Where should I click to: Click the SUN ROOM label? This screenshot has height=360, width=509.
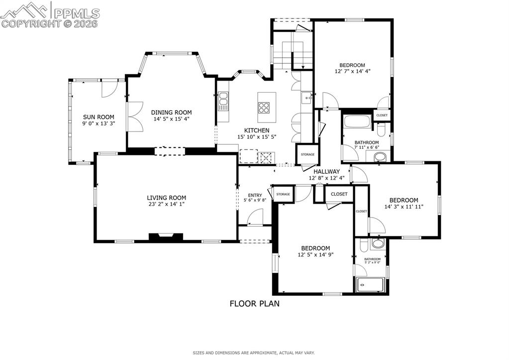pyautogui.click(x=99, y=117)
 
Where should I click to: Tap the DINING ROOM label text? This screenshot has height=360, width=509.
pyautogui.click(x=171, y=113)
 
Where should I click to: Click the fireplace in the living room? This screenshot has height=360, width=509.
pyautogui.click(x=166, y=237)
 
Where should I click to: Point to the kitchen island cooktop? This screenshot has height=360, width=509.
pyautogui.click(x=264, y=107)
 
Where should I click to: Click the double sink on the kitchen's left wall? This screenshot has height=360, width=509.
pyautogui.click(x=223, y=102)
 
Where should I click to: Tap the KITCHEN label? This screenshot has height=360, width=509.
pyautogui.click(x=256, y=130)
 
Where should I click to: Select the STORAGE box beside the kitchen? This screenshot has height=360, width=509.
pyautogui.click(x=307, y=154)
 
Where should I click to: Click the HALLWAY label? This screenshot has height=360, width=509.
pyautogui.click(x=326, y=171)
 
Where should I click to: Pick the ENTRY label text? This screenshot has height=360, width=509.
pyautogui.click(x=255, y=195)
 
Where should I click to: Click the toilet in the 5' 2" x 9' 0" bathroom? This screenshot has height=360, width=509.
pyautogui.click(x=378, y=243)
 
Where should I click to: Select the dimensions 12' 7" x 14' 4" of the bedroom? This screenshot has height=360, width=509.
pyautogui.click(x=352, y=71)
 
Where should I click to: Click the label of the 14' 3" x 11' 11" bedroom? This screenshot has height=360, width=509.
pyautogui.click(x=404, y=200)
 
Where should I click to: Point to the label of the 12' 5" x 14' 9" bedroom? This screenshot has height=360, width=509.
pyautogui.click(x=315, y=248)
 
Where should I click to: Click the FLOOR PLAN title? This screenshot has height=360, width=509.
pyautogui.click(x=254, y=303)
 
